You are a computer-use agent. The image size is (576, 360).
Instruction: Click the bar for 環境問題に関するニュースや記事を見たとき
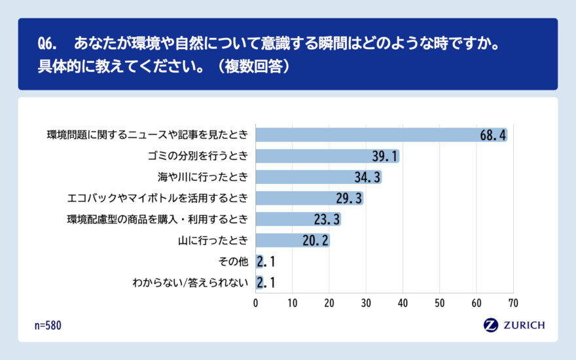click(x=367, y=135)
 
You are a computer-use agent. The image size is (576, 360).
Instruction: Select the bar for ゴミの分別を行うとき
click(x=314, y=156)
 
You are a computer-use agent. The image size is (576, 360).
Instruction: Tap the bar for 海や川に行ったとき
click(x=308, y=177)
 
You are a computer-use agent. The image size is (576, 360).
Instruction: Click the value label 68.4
click(x=492, y=135)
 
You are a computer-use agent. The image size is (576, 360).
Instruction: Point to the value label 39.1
click(x=384, y=156)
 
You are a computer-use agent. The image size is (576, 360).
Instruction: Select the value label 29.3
click(x=348, y=198)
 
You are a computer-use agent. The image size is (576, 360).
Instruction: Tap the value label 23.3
click(x=326, y=219)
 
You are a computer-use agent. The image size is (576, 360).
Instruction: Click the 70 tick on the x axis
click(x=513, y=303)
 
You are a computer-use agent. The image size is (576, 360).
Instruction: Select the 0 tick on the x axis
click(x=256, y=303)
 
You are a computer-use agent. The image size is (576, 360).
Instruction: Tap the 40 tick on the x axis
click(x=403, y=303)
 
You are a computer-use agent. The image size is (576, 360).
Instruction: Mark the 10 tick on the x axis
click(x=293, y=303)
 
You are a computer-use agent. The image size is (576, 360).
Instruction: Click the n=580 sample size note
click(x=48, y=325)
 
